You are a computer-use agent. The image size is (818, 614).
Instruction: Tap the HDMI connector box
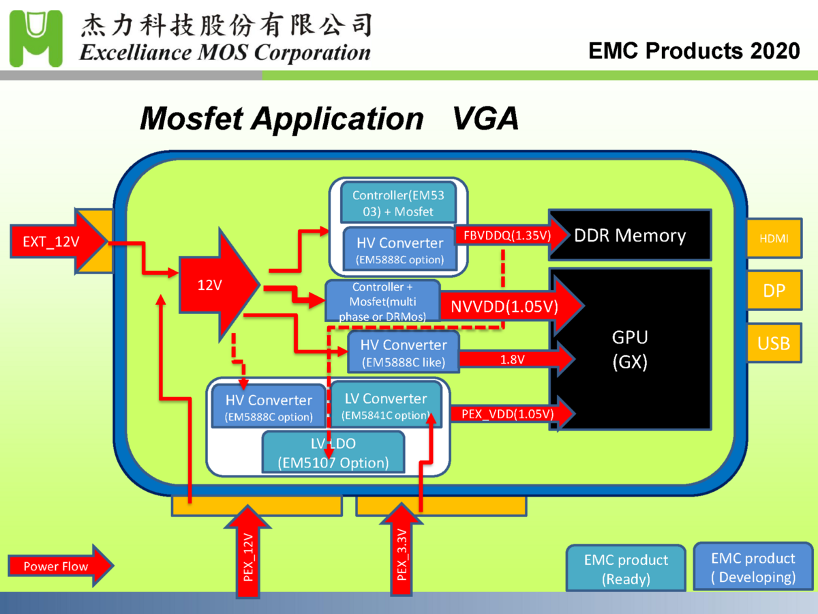tap(774, 239)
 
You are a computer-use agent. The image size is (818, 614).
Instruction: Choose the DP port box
tap(774, 291)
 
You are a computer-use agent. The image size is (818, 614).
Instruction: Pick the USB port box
tap(774, 342)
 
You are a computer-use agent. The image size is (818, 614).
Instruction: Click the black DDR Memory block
tap(630, 235)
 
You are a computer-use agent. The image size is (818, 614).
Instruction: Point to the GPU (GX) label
tap(629, 349)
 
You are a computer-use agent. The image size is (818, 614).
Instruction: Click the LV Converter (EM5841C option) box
tap(386, 405)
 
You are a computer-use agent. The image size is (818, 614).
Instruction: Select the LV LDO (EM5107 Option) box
tap(333, 453)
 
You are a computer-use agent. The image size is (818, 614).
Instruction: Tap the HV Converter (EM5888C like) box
tap(404, 352)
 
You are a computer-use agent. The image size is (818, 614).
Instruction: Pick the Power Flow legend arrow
tap(59, 566)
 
